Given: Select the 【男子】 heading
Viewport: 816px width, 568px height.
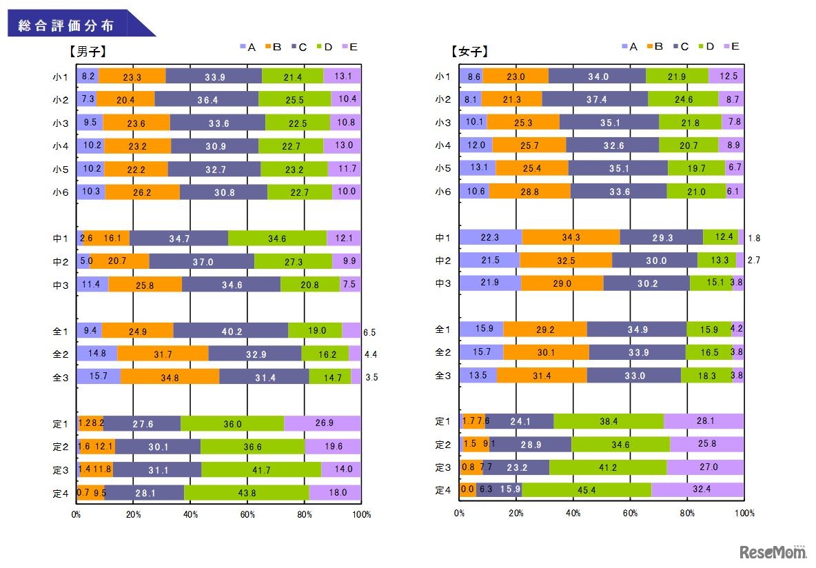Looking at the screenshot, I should (87, 50).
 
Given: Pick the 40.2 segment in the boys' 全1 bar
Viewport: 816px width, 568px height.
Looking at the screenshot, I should (231, 331).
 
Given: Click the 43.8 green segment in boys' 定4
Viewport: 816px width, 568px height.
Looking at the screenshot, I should (246, 492).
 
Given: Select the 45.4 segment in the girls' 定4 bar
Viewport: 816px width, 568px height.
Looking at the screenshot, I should (586, 490).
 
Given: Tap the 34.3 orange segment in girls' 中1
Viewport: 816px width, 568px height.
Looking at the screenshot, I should (571, 238).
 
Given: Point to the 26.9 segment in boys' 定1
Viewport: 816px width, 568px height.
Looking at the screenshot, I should (322, 423).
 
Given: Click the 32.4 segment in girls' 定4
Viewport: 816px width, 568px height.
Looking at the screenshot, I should (697, 490).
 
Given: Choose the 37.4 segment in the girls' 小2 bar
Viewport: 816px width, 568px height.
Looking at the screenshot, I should (595, 99).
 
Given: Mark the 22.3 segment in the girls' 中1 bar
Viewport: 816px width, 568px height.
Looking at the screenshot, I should (491, 238).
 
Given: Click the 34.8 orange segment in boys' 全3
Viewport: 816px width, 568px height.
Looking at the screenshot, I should (170, 377).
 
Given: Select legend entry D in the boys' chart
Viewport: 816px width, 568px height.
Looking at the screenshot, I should (324, 47).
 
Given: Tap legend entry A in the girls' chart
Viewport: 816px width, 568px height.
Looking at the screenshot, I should (632, 46).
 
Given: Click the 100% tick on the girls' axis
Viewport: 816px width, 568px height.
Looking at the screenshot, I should (744, 514).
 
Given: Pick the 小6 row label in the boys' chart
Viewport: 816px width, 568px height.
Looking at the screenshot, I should (63, 192).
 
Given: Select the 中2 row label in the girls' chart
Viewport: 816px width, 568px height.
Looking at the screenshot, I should (442, 261).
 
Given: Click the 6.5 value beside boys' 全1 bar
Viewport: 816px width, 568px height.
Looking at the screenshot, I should (369, 332).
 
